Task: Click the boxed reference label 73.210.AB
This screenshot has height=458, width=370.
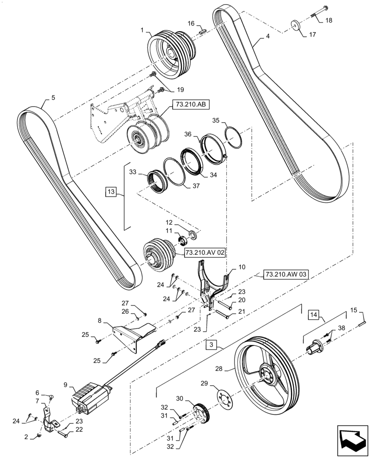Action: click(x=190, y=105)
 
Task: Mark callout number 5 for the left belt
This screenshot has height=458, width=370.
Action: click(x=53, y=97)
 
